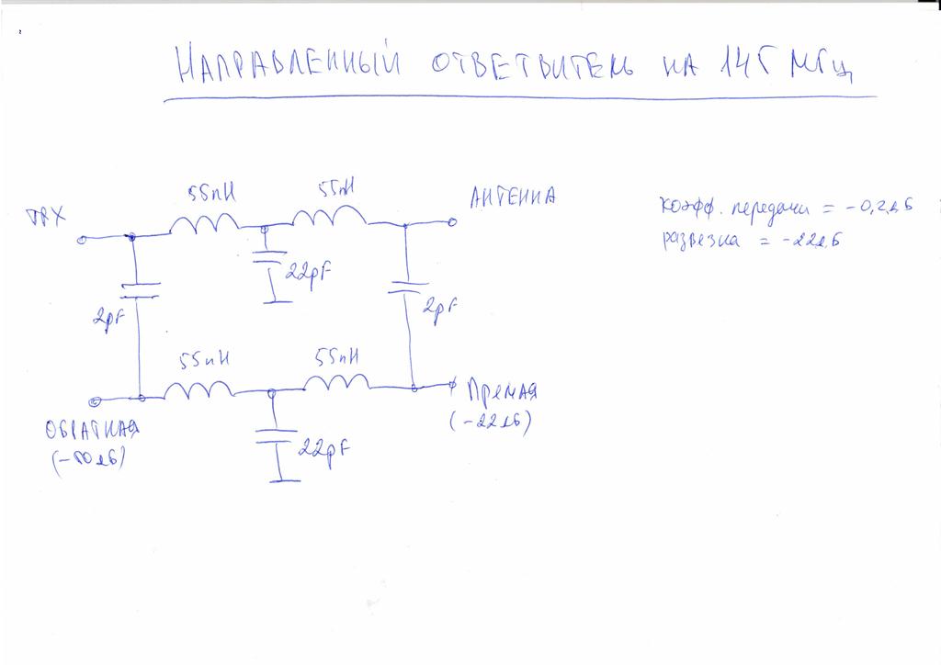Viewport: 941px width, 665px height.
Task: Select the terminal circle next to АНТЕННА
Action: (451, 222)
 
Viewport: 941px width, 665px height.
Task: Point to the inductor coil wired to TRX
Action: (205, 222)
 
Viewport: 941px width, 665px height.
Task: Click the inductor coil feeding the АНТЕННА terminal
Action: (329, 217)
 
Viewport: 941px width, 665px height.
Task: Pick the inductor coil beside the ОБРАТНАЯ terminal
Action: (198, 391)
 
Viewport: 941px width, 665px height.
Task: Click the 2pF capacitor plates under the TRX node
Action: (139, 290)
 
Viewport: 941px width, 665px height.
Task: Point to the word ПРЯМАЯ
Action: (502, 390)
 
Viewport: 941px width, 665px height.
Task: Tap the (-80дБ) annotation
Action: (89, 461)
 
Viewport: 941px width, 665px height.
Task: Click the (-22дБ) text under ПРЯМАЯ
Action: (491, 423)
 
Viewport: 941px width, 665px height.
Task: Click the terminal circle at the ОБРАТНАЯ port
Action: (95, 400)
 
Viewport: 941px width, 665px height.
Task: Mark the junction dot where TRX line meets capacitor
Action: (132, 237)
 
